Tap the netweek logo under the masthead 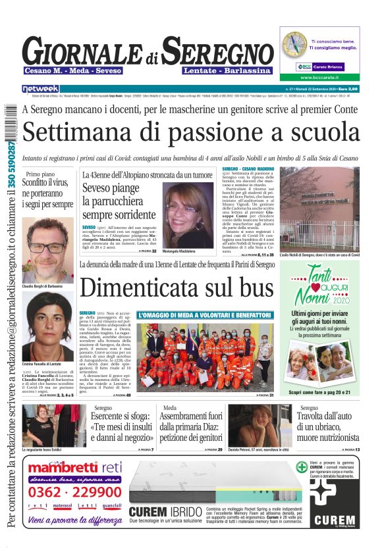click(40, 89)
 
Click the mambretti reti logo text click(75, 468)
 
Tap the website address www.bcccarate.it click(328, 78)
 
